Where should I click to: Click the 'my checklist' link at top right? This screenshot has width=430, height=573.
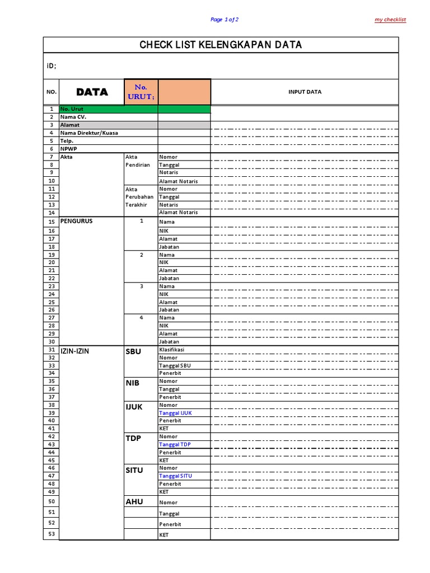390,20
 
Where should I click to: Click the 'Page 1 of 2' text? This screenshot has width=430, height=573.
225,20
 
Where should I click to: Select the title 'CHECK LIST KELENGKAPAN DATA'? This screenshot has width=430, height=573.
221,45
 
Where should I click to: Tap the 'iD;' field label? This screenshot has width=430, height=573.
51,66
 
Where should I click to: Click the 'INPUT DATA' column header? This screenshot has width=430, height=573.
305,92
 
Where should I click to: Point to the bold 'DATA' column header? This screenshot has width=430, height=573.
92,92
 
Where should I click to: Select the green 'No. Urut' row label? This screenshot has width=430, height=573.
71,109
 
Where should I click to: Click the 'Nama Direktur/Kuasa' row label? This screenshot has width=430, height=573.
89,133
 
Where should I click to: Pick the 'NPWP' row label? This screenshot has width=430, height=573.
68,149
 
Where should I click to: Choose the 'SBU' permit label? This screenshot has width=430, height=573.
133,351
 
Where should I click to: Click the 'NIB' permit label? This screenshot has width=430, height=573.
133,383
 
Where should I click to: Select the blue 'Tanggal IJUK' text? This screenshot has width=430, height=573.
175,413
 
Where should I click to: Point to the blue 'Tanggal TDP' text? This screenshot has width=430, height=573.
175,444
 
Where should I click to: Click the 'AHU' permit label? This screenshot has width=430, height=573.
134,501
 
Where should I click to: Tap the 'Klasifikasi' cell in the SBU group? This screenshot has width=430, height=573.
171,349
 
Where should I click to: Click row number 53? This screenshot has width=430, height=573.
52,534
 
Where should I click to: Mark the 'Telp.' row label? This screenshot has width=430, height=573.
67,141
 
